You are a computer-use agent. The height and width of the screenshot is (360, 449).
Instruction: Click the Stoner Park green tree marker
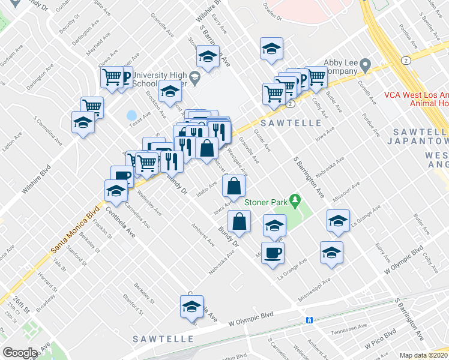point(295,199)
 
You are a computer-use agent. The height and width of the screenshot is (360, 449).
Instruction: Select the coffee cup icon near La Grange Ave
point(272,252)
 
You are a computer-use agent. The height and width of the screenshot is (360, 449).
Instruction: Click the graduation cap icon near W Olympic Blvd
point(191,307)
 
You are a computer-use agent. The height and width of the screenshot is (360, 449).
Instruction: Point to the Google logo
point(20,353)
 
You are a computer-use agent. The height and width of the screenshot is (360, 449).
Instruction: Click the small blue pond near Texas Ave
point(131,115)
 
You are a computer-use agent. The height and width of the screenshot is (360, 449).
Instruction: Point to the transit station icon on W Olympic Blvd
point(310,319)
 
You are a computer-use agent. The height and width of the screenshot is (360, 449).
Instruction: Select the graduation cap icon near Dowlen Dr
point(271,48)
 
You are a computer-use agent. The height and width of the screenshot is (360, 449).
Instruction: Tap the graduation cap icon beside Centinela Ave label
point(116,191)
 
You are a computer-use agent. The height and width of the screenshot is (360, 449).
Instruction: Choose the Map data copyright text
point(424,355)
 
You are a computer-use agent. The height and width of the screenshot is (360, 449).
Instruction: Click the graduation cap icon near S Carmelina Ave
point(83,122)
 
